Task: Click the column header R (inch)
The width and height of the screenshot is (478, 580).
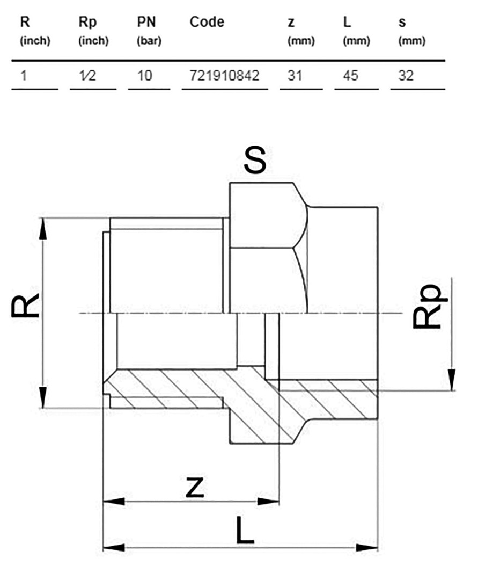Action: coord(35,31)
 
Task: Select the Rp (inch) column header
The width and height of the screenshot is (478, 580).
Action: coord(93,31)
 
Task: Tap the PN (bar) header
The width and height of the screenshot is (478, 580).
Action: coord(149,31)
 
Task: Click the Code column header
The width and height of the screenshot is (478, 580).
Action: coord(207,22)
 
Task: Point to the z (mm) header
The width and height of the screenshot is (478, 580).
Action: coord(301,31)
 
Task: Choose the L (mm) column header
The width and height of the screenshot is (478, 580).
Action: coord(356,31)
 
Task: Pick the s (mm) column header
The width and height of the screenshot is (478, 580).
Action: coord(411,31)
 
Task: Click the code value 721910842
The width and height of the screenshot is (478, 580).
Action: coord(225,76)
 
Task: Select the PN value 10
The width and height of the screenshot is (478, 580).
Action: coord(144,76)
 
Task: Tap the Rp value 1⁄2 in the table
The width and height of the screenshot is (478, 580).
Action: coord(87,76)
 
